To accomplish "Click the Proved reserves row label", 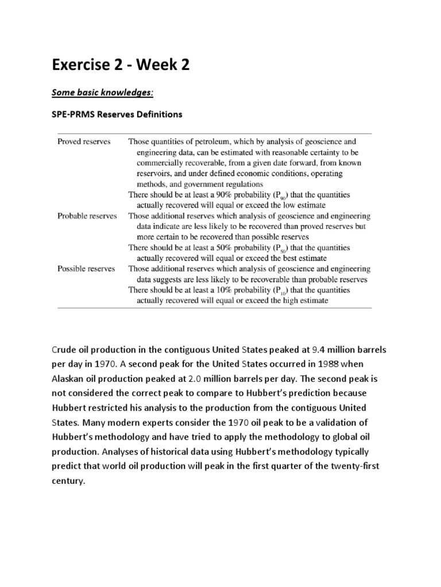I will click(84, 142).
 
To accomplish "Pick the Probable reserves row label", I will click(87, 216).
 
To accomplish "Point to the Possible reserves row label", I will click(86, 268).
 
